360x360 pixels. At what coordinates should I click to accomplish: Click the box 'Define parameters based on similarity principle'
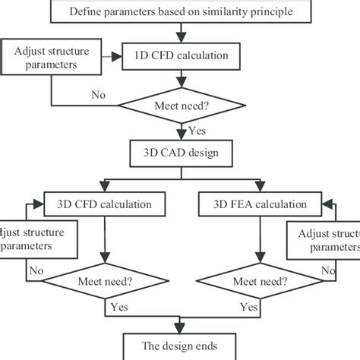coord(180,11)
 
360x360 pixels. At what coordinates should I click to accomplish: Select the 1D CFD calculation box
coord(180,55)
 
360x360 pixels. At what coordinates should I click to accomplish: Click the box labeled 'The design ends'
coord(180,346)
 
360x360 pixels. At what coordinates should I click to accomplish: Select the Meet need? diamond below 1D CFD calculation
coord(180,105)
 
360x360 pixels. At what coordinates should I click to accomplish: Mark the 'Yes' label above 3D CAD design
coord(194,130)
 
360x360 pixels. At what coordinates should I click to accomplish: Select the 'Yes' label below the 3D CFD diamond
coord(118,308)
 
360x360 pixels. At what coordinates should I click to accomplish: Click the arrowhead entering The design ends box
coord(180,329)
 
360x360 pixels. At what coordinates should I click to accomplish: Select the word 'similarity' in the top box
coord(227,11)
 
